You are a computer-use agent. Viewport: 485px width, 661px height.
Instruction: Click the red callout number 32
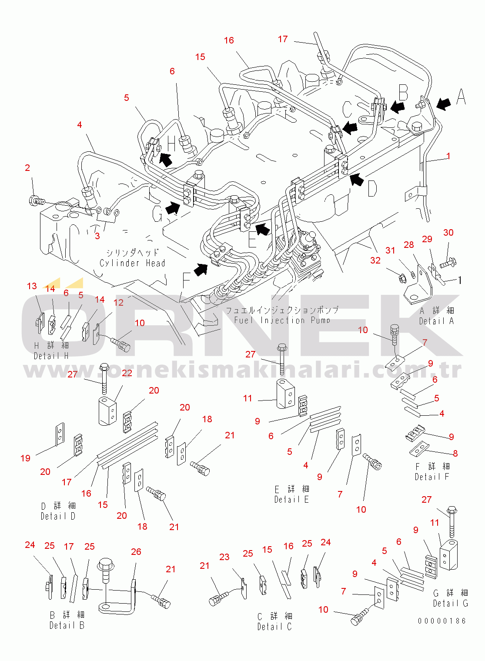[375, 260]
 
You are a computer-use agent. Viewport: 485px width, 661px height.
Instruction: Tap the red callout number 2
[27, 168]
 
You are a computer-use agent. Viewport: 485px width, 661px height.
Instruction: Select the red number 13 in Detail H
[32, 286]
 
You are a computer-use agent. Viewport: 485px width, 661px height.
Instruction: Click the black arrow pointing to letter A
[443, 104]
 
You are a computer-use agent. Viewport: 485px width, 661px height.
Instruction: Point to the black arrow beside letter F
[200, 270]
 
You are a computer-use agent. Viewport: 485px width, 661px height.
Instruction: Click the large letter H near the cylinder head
[171, 143]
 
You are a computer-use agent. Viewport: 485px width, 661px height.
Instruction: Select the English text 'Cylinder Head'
[132, 263]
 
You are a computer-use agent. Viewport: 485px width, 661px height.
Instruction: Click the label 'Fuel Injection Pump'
[282, 320]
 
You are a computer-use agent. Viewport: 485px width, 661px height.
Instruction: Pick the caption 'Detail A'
[436, 321]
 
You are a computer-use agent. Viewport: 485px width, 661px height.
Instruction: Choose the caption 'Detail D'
[58, 516]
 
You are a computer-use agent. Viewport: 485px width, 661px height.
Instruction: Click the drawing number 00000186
[442, 621]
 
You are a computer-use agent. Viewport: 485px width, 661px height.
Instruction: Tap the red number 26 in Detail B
[136, 551]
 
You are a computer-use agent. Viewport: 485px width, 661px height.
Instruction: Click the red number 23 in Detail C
[224, 557]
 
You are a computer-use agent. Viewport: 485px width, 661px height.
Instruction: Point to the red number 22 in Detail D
[127, 373]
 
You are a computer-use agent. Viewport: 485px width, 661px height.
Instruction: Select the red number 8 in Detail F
[455, 454]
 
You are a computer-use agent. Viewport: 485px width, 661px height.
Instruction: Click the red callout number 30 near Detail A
[448, 233]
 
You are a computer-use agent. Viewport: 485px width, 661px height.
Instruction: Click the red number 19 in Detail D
[26, 458]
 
